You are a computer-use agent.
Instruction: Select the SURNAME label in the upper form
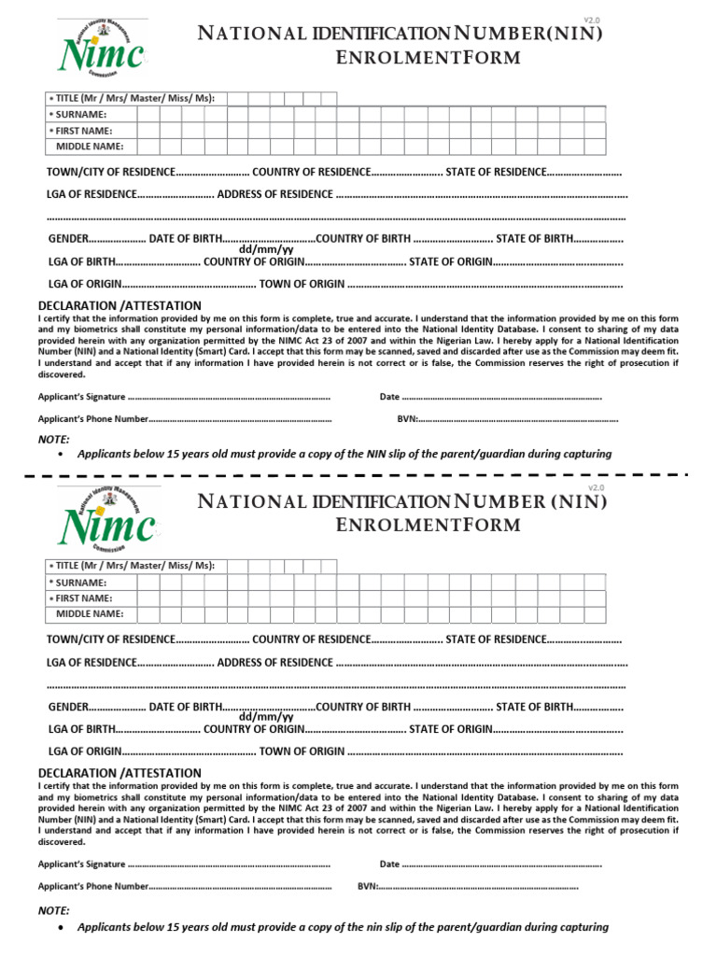(81, 114)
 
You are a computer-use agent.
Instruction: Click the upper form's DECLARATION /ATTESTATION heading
(119, 305)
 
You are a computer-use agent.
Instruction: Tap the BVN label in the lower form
(367, 886)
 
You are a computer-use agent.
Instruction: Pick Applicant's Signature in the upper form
(81, 397)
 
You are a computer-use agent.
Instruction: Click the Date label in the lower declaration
(389, 865)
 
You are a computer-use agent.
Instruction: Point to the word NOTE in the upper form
(53, 439)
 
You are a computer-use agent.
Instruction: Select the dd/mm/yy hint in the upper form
(266, 249)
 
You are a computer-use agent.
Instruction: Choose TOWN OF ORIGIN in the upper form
(302, 284)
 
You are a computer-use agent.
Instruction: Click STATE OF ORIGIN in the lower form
(450, 729)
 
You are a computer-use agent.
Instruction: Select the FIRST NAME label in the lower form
(84, 597)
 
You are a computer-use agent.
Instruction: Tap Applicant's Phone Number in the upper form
(92, 419)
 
